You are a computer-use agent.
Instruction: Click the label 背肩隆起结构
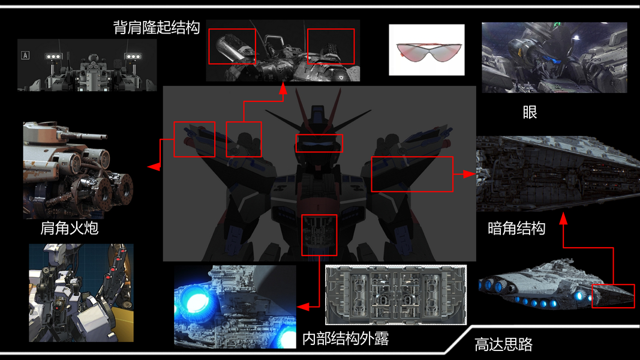point(156,28)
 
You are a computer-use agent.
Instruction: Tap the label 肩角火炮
point(69,229)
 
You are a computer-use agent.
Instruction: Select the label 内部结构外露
point(345,338)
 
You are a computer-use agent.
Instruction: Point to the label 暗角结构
point(516,229)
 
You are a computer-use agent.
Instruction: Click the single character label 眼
point(530,112)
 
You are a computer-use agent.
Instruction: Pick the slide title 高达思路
point(503,344)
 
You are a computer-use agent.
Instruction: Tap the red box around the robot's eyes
point(319,143)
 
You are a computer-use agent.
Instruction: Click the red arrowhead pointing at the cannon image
point(154,166)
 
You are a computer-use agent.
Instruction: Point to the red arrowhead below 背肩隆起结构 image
point(283,89)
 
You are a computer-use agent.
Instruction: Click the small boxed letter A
point(25,55)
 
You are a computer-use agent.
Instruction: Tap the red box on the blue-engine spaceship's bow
point(613,296)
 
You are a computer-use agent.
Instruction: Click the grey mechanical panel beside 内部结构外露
point(395,295)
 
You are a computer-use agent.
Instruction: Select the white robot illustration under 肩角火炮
point(81,292)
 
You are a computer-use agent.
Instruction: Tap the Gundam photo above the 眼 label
point(554,58)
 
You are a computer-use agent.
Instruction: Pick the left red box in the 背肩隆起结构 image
point(232,46)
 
